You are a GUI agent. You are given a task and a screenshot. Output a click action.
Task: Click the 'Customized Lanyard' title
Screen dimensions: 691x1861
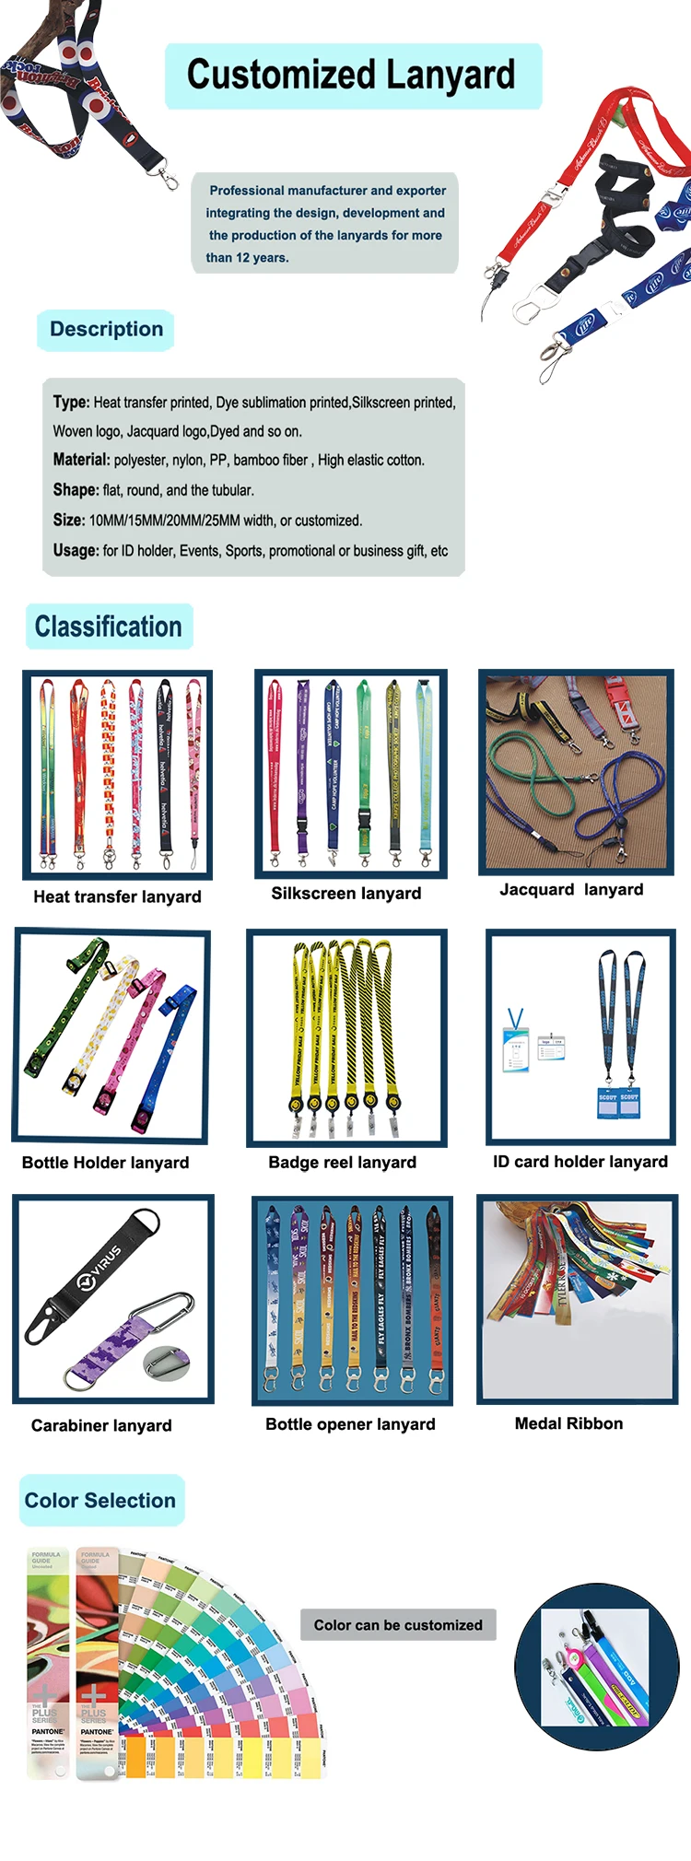[351, 76]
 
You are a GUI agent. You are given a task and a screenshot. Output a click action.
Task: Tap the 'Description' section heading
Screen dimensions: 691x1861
[106, 330]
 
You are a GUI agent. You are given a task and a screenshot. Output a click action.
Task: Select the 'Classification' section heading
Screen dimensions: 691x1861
[109, 626]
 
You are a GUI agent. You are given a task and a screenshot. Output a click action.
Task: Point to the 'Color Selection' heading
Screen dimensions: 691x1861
[100, 1500]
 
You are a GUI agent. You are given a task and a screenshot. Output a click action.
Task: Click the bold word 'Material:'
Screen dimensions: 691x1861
[82, 460]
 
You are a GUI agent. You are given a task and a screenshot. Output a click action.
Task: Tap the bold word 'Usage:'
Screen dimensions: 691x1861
[76, 550]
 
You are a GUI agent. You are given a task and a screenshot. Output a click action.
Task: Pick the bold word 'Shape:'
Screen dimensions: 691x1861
[76, 490]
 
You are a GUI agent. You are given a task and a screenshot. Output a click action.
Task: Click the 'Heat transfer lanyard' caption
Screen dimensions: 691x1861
[117, 896]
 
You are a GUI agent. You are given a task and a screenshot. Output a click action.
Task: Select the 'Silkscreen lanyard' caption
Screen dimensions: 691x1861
[346, 893]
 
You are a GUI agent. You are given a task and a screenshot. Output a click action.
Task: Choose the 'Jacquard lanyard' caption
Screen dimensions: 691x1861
[571, 889]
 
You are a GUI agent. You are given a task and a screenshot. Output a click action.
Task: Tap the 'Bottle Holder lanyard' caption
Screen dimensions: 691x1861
[105, 1163]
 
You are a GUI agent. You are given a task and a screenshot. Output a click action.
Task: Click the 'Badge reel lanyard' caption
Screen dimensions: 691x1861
[342, 1163]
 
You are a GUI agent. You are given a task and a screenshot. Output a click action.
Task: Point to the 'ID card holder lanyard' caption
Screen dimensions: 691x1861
[580, 1161]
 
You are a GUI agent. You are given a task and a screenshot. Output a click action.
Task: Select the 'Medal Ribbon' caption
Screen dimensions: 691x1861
[568, 1423]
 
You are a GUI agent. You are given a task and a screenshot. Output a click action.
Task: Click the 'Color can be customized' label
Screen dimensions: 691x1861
[398, 1625]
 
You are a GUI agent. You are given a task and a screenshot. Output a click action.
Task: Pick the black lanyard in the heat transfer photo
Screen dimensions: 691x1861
[165, 765]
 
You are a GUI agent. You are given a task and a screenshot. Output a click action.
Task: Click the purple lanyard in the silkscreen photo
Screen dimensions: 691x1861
[302, 760]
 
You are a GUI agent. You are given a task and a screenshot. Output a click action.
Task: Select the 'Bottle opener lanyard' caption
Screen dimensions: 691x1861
[350, 1423]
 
